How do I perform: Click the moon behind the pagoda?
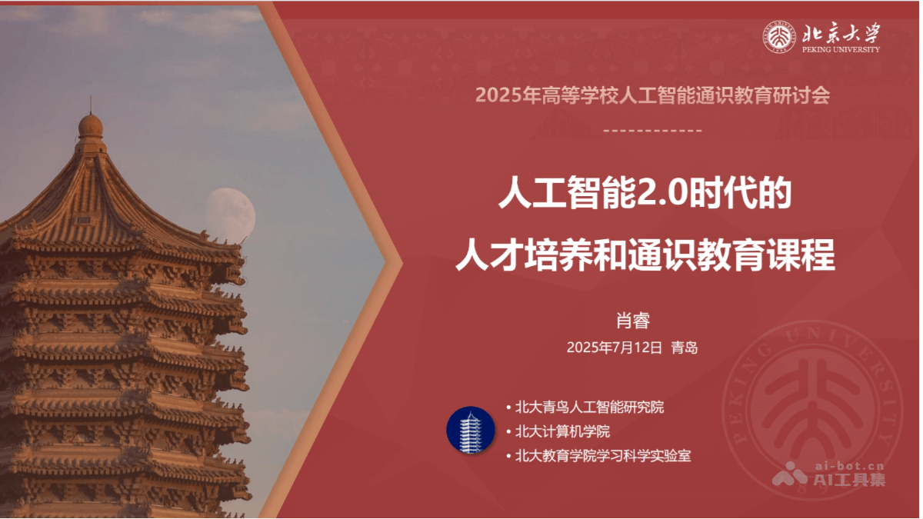pyautogui.click(x=230, y=215)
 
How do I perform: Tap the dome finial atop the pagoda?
pyautogui.click(x=91, y=126)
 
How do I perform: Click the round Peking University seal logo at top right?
pyautogui.click(x=778, y=37)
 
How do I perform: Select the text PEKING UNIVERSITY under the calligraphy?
pyautogui.click(x=841, y=49)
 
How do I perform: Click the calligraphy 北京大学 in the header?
pyautogui.click(x=841, y=32)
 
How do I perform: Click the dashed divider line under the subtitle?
pyautogui.click(x=652, y=131)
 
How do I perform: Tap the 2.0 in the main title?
pyautogui.click(x=663, y=193)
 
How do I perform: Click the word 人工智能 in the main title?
pyautogui.click(x=568, y=193)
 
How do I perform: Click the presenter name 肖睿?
pyautogui.click(x=633, y=321)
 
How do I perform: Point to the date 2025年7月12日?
pyautogui.click(x=614, y=348)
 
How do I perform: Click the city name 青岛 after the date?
pyautogui.click(x=685, y=348)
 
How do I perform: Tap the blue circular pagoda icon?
pyautogui.click(x=471, y=430)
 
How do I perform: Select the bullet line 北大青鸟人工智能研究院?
pyautogui.click(x=589, y=408)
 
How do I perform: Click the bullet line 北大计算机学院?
pyautogui.click(x=562, y=431)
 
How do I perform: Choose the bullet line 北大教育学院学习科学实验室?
pyautogui.click(x=603, y=456)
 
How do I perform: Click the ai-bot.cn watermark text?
pyautogui.click(x=850, y=466)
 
